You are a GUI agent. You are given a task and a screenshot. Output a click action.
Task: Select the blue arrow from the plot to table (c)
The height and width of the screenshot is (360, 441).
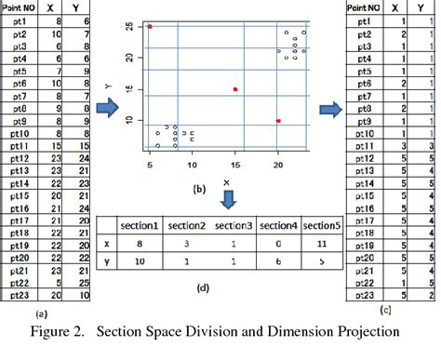pyautogui.click(x=328, y=111)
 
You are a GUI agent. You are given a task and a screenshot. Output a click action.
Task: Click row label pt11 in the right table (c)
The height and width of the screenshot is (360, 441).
pyautogui.click(x=359, y=146)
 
